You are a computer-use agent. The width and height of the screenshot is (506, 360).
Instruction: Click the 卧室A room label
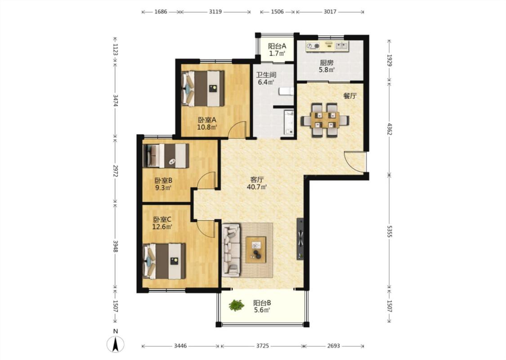[207, 120]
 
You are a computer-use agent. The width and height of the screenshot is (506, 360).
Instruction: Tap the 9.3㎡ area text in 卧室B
[163, 188]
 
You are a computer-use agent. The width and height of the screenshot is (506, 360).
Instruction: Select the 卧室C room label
[162, 219]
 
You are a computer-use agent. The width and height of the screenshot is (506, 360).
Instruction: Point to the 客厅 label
[257, 180]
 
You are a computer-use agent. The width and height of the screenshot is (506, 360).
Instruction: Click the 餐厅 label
[350, 96]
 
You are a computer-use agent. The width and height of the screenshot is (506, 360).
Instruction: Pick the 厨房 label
[327, 63]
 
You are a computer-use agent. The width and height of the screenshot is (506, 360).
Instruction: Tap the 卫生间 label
[266, 75]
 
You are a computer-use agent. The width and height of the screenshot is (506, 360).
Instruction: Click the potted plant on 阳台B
[237, 305]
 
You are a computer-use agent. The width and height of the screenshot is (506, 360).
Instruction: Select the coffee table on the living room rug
[256, 250]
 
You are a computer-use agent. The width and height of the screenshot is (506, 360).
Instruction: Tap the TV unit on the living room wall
[300, 238]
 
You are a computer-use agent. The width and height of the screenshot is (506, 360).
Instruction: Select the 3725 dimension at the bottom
[262, 346]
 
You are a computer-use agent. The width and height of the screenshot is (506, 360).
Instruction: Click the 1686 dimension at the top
[161, 12]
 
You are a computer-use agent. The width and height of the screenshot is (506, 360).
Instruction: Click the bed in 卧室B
[166, 156]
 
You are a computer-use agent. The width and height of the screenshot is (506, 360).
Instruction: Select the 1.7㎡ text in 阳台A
[277, 54]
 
